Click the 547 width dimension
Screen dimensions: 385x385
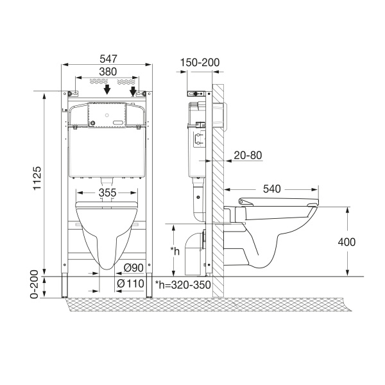click(x=108, y=59)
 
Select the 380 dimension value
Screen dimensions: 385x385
click(x=108, y=72)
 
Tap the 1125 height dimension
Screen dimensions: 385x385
click(x=37, y=178)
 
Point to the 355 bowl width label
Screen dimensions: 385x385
click(x=108, y=193)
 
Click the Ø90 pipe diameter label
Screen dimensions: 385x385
click(x=133, y=268)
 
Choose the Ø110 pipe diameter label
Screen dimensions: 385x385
click(x=130, y=284)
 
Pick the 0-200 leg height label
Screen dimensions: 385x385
click(x=35, y=284)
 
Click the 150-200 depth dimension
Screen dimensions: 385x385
click(x=200, y=63)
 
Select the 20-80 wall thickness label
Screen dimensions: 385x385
click(x=248, y=155)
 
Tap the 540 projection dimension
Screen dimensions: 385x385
click(x=272, y=189)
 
